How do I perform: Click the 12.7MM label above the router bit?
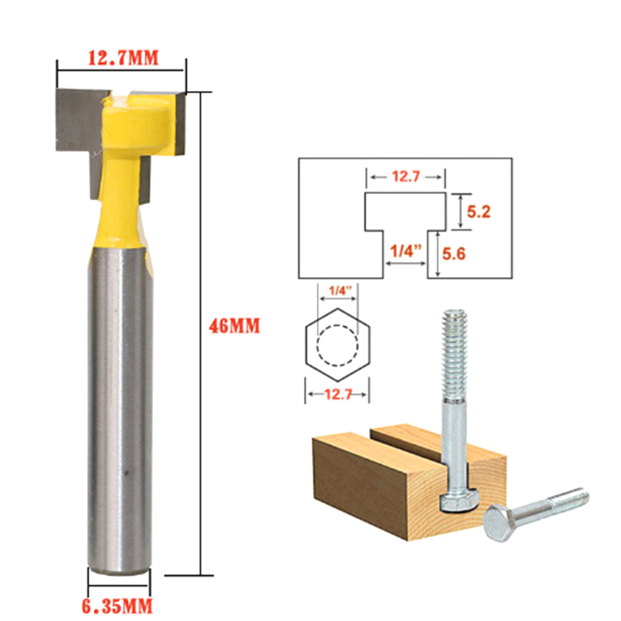pos(123,58)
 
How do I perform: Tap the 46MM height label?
pos(234,326)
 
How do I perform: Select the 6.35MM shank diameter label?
pos(117,606)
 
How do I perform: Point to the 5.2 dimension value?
pos(478,212)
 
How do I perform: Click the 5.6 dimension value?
pos(454,253)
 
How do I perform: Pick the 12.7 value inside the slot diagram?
pos(405,176)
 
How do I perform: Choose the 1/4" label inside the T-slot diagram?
pos(405,250)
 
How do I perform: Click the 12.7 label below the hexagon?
pos(338,394)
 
